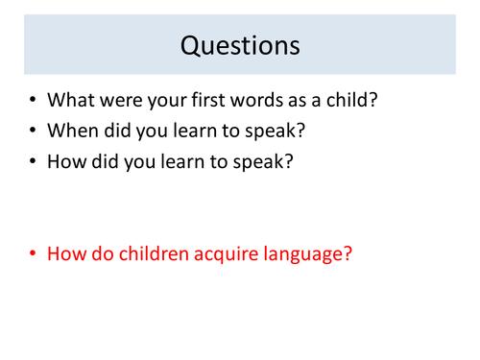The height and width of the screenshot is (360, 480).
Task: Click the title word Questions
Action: [x=240, y=44]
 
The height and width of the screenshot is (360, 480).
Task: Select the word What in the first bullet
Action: [x=71, y=99]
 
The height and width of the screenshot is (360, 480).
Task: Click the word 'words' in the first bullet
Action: [x=265, y=99]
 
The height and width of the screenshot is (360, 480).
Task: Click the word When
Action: [x=73, y=130]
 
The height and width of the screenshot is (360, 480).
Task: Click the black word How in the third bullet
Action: [x=66, y=161]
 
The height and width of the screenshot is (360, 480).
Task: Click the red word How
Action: [x=66, y=254]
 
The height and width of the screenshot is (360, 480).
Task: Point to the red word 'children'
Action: [x=149, y=254]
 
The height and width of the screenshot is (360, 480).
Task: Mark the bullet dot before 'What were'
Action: [x=35, y=100]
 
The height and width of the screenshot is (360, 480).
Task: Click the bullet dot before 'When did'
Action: [x=35, y=131]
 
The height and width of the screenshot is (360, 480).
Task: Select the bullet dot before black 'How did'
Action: [x=35, y=162]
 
